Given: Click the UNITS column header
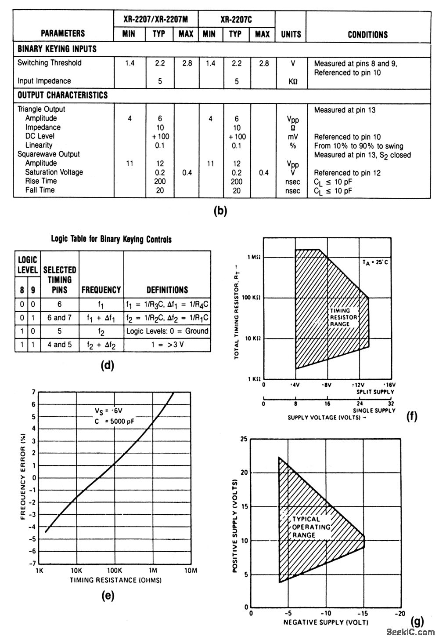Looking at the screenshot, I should [x=291, y=34].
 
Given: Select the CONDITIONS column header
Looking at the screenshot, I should [x=368, y=34].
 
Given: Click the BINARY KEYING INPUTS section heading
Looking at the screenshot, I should [x=57, y=49].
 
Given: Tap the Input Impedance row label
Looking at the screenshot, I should [x=44, y=81].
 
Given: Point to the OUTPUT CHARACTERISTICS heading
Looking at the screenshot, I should [x=62, y=95].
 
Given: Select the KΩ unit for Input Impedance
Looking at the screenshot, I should [x=292, y=81].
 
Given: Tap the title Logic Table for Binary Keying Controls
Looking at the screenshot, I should [x=112, y=240].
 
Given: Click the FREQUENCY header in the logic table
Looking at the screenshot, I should [x=101, y=290].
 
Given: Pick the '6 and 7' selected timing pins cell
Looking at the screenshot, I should [x=60, y=317].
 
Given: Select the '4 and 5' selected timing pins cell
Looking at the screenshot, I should [x=60, y=345].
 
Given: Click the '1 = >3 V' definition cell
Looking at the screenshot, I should [x=167, y=345].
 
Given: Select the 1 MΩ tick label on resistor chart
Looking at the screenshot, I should [x=254, y=257].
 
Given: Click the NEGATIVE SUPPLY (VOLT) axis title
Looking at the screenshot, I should [x=326, y=622].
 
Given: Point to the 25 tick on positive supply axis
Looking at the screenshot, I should [x=245, y=439].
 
